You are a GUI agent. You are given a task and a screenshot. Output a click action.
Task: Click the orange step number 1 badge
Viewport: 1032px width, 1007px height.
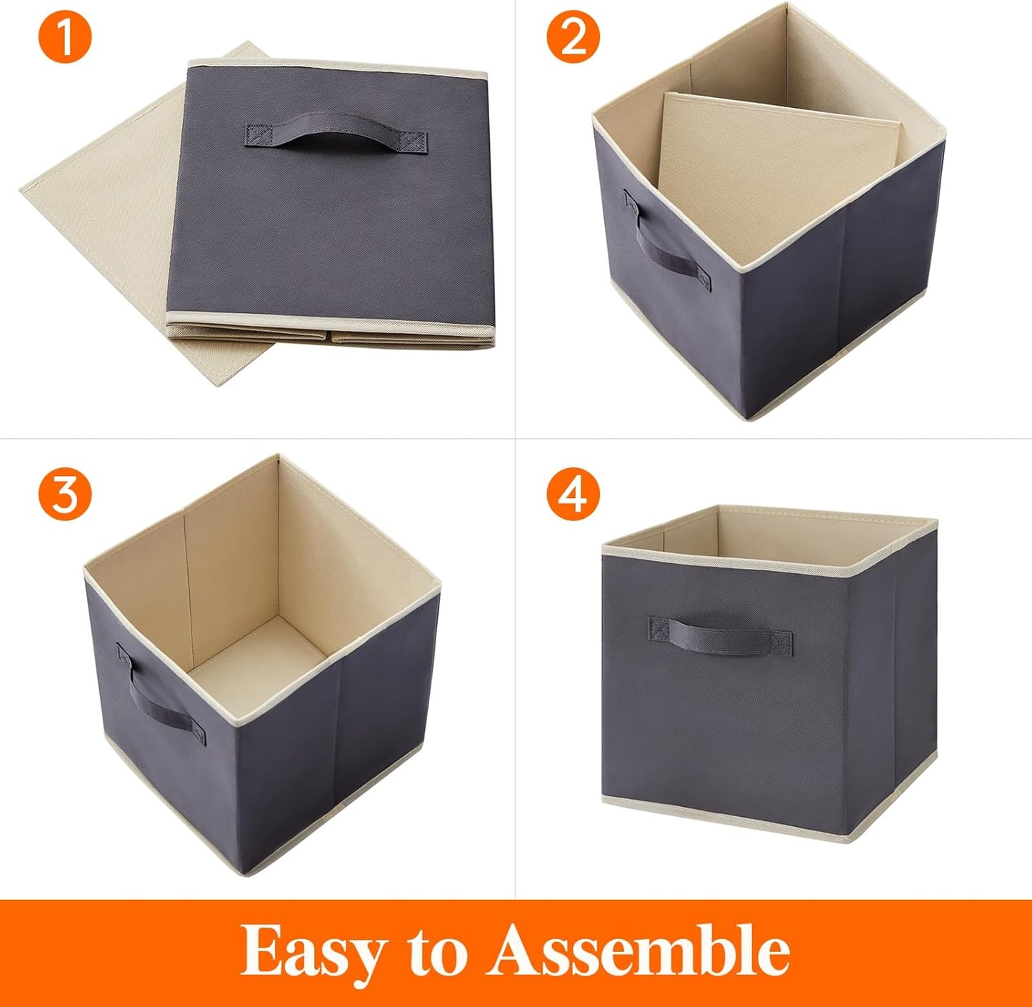[65, 37]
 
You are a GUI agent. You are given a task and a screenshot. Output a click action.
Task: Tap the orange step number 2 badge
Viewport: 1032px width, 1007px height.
[573, 37]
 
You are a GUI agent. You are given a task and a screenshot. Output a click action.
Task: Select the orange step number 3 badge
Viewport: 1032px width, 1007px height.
[65, 493]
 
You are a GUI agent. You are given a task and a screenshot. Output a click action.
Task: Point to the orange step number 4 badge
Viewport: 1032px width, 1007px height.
[573, 493]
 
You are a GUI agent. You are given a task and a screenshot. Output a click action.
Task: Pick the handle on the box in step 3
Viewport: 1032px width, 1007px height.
[161, 704]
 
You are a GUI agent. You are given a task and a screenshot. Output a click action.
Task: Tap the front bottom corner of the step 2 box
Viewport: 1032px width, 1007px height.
[746, 413]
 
